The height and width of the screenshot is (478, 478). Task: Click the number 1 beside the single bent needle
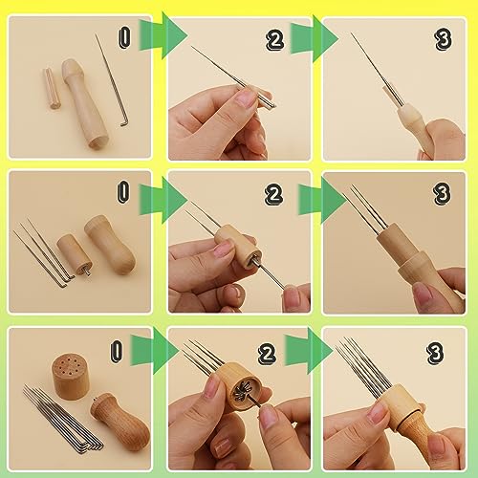[122, 39]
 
